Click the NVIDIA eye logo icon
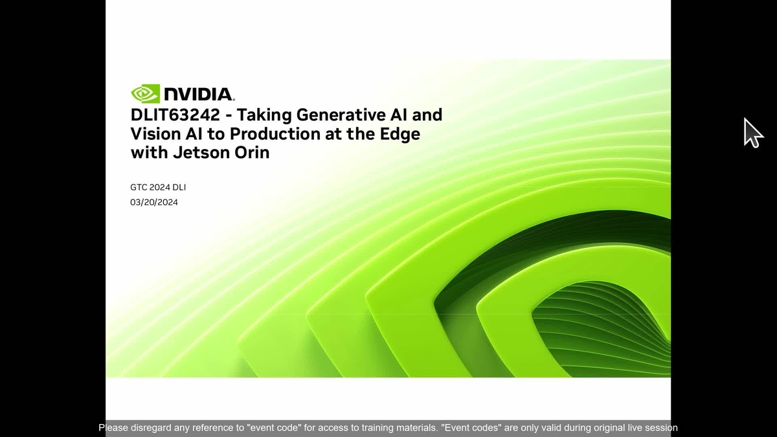pos(145,94)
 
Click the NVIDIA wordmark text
pos(199,95)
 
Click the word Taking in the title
pos(265,115)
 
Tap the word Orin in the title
pos(252,153)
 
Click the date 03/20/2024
pos(154,202)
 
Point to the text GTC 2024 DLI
pos(159,187)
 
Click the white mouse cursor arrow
pos(752,132)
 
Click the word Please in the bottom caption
pos(114,428)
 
